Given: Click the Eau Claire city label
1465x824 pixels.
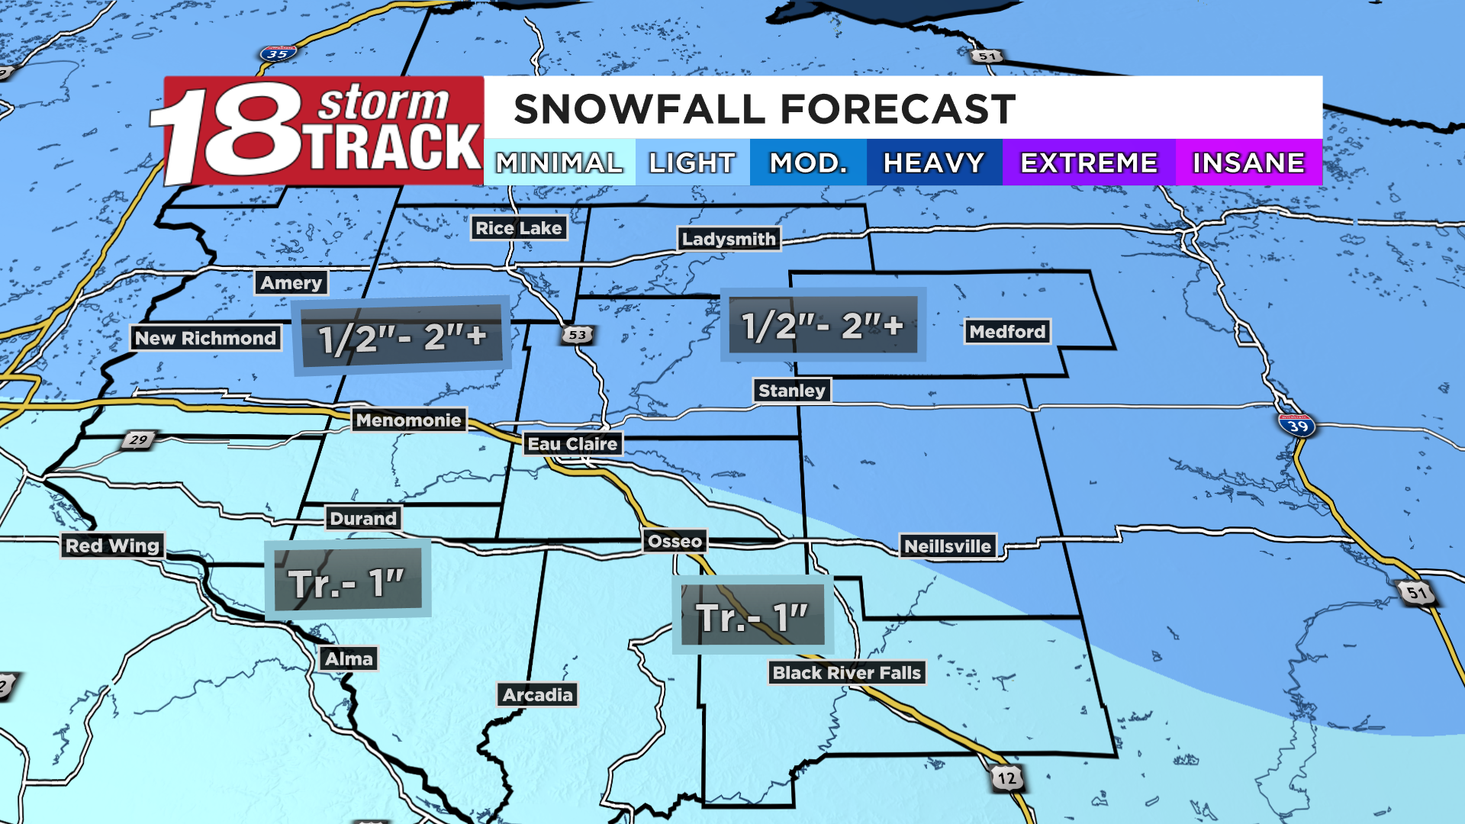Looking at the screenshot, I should tap(572, 444).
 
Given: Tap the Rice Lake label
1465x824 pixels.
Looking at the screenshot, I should tap(518, 228).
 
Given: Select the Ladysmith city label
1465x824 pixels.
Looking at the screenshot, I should tap(728, 239).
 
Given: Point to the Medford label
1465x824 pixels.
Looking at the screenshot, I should tap(1007, 332).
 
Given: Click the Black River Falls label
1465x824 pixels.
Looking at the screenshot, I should tap(847, 673).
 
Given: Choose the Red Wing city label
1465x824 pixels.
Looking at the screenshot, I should tap(112, 546).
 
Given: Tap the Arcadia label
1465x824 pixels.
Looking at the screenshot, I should tap(537, 695).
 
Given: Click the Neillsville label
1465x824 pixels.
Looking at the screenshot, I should tap(948, 546).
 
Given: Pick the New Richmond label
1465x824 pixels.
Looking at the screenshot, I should tap(205, 338).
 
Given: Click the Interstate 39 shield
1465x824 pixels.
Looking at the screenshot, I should tap(1297, 425).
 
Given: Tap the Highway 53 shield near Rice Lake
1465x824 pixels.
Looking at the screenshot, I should tap(578, 335).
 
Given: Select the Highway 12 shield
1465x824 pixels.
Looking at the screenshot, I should tap(1007, 778).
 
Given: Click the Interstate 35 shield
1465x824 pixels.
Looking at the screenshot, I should tap(277, 54).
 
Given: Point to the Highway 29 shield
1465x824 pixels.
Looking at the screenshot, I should tap(138, 440).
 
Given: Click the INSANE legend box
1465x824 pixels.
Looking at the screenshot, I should tap(1248, 163).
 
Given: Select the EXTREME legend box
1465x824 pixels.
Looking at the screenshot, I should tap(1089, 163).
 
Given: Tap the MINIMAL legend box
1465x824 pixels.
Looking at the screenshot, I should tap(559, 163).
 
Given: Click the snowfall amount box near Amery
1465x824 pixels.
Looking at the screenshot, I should tap(401, 336).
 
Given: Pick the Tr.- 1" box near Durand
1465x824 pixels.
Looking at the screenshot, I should tap(347, 581).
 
